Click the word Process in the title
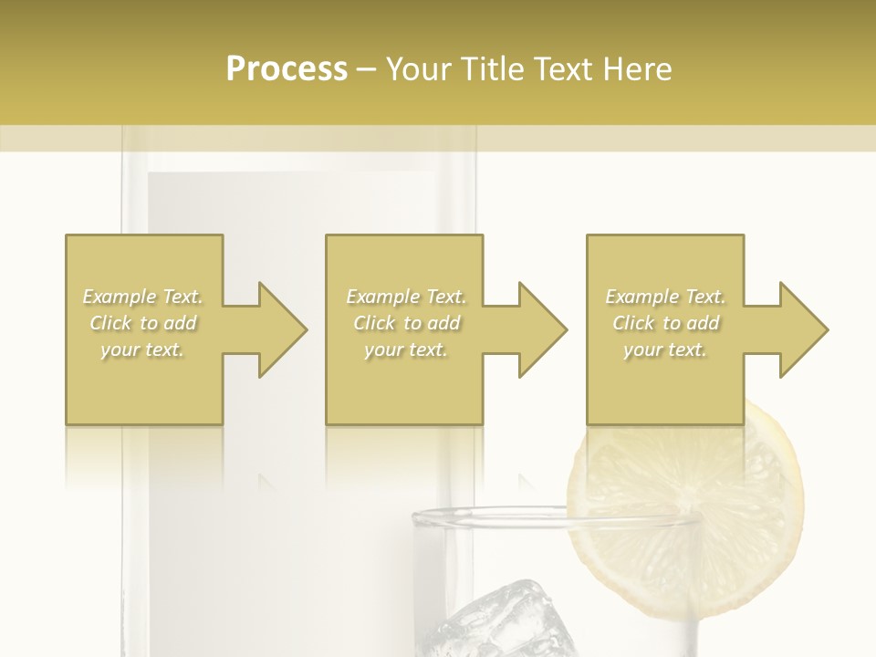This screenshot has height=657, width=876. (x=287, y=68)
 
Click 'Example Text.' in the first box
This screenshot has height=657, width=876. (x=143, y=297)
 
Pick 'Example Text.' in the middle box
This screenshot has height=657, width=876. (x=406, y=297)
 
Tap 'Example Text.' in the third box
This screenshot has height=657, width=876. (x=665, y=297)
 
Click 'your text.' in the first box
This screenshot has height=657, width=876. (x=143, y=349)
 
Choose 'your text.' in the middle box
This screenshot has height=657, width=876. (x=406, y=349)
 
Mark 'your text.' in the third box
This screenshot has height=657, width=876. (x=665, y=349)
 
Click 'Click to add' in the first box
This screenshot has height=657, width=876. (x=143, y=323)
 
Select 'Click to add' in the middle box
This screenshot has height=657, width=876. (x=406, y=323)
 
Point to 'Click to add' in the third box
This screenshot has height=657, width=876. (x=665, y=323)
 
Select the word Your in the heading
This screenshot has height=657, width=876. (x=420, y=68)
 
